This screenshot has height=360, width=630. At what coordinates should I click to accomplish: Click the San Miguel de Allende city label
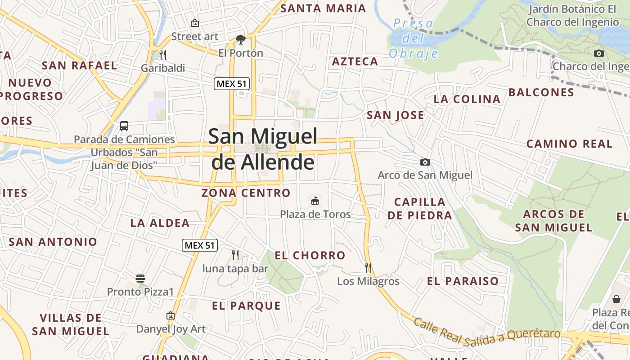263,149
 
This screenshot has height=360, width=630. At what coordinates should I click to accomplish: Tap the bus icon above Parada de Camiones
124,126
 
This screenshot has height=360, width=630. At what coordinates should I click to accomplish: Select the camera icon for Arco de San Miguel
425,162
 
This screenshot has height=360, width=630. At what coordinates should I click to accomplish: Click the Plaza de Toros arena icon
315,201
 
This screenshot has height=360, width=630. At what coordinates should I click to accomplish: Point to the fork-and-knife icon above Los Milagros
368,268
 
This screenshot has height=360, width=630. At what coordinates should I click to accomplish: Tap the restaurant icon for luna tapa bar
235,255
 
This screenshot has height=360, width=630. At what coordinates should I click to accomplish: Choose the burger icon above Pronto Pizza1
140,278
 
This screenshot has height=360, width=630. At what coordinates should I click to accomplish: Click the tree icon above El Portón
240,40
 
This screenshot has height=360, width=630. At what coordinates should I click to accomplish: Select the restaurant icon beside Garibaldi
163,55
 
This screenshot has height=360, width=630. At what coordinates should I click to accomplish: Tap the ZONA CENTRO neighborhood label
246,193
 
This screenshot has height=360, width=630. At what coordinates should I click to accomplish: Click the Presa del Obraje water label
413,38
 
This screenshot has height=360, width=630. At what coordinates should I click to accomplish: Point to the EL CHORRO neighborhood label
310,256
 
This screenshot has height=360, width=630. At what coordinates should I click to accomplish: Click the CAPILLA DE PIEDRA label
420,208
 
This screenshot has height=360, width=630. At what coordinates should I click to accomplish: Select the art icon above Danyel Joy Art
170,315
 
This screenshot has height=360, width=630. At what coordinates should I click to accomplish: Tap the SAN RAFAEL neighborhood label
79,65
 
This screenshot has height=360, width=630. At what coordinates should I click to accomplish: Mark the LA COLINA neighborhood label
467,99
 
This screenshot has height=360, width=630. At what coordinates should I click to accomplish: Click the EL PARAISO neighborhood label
463,282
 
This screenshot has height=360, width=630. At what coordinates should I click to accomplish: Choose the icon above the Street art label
195,23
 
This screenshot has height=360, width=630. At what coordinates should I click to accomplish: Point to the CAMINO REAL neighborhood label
569,144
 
